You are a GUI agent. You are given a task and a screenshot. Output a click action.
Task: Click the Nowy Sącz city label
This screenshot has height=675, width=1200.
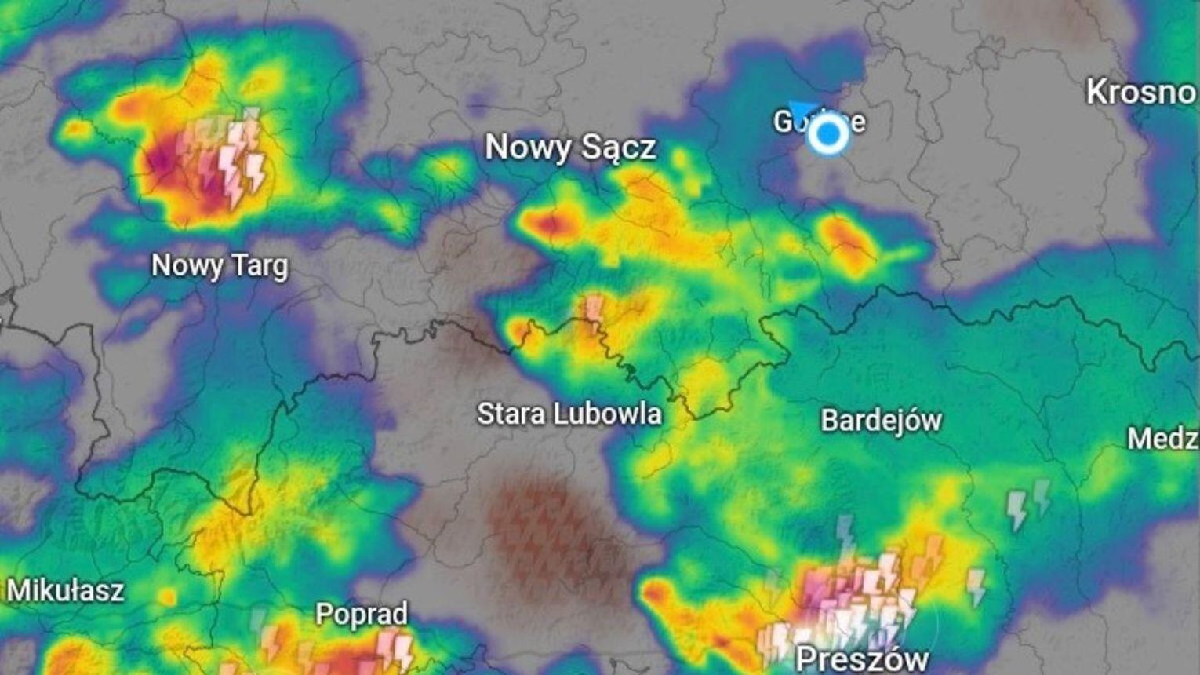(x=570, y=148)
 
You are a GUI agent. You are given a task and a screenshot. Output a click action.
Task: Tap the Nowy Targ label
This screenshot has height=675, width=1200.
(x=220, y=265)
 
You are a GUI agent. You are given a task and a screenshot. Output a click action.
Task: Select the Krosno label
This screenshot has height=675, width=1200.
(x=1141, y=93)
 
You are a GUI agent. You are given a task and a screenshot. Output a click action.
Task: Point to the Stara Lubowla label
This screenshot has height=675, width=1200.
(x=569, y=414)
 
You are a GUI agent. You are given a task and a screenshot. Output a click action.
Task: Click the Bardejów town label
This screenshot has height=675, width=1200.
(x=881, y=421)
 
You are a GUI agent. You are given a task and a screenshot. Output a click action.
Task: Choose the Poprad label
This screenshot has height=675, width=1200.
(x=362, y=614)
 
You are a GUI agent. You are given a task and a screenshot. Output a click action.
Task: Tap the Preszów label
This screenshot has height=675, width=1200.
(x=862, y=658)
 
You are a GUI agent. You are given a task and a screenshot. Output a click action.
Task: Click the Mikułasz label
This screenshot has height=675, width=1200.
(x=65, y=590)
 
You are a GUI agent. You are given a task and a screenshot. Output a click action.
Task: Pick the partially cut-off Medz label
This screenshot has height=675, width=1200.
(x=1162, y=438)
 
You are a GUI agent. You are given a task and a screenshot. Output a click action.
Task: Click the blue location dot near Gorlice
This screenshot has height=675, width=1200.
(x=828, y=135)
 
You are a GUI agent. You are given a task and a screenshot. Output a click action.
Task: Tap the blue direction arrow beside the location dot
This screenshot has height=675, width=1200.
(x=802, y=111)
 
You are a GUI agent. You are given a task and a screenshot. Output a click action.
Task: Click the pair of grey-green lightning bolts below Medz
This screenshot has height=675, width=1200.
(x=1028, y=504)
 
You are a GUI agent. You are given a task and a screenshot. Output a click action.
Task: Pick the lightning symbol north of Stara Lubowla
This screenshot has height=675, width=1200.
(x=594, y=308)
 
